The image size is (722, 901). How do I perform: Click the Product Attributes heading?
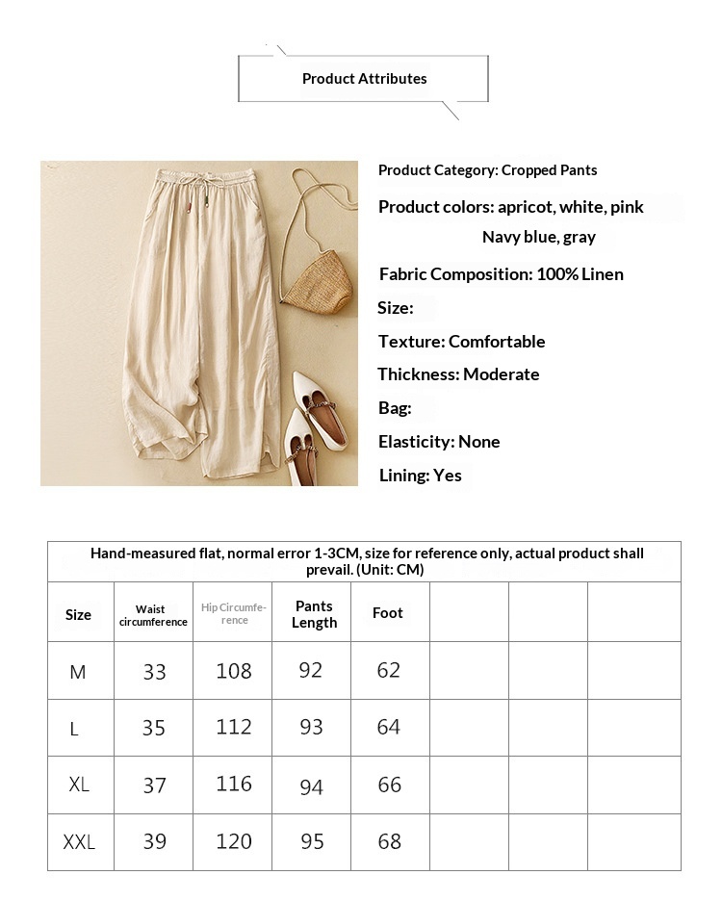click(x=364, y=79)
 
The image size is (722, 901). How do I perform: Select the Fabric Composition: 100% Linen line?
click(x=501, y=274)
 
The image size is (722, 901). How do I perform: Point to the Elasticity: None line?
click(x=439, y=442)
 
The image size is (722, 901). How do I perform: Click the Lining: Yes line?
click(x=420, y=476)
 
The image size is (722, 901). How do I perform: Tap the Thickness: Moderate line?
click(x=458, y=374)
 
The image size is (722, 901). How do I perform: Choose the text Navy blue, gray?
click(x=538, y=237)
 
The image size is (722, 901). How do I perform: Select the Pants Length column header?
click(x=314, y=614)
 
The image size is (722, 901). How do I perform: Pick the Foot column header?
click(x=388, y=613)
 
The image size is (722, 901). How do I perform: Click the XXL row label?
click(x=79, y=842)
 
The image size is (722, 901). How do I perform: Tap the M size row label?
click(x=78, y=672)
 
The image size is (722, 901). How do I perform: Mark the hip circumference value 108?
click(x=233, y=671)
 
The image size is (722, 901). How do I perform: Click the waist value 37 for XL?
click(x=154, y=785)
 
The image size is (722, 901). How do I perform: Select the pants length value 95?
click(x=312, y=842)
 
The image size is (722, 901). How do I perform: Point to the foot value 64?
click(x=389, y=727)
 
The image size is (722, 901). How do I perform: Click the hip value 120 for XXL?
click(x=233, y=842)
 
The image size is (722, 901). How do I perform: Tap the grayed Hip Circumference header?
click(x=233, y=614)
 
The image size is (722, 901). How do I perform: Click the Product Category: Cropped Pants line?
click(x=487, y=170)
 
